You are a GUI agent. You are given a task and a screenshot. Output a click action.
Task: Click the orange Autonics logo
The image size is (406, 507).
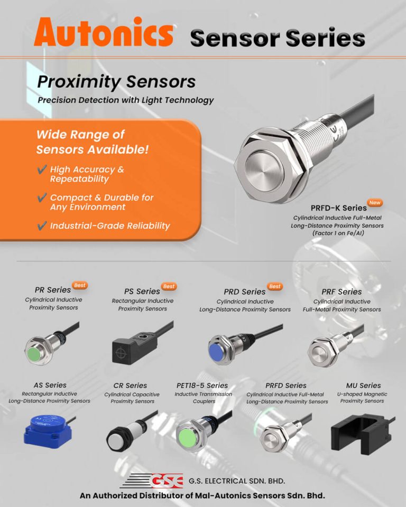click(103, 32)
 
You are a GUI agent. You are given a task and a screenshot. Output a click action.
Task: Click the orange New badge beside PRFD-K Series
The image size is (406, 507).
click(375, 203)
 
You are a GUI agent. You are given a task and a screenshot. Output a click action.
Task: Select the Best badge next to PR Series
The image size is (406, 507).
click(80, 285)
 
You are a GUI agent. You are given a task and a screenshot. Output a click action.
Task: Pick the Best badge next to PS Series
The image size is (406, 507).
click(169, 286)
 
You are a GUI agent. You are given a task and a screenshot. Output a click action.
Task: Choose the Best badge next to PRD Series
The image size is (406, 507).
click(274, 286)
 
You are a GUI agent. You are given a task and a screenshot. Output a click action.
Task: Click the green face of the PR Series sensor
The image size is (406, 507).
click(35, 351)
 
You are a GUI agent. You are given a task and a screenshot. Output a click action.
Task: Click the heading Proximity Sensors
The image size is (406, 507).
click(116, 82)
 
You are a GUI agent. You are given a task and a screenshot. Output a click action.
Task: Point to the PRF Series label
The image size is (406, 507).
click(342, 292)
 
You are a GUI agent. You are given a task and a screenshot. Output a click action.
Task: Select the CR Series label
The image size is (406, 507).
click(130, 386)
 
